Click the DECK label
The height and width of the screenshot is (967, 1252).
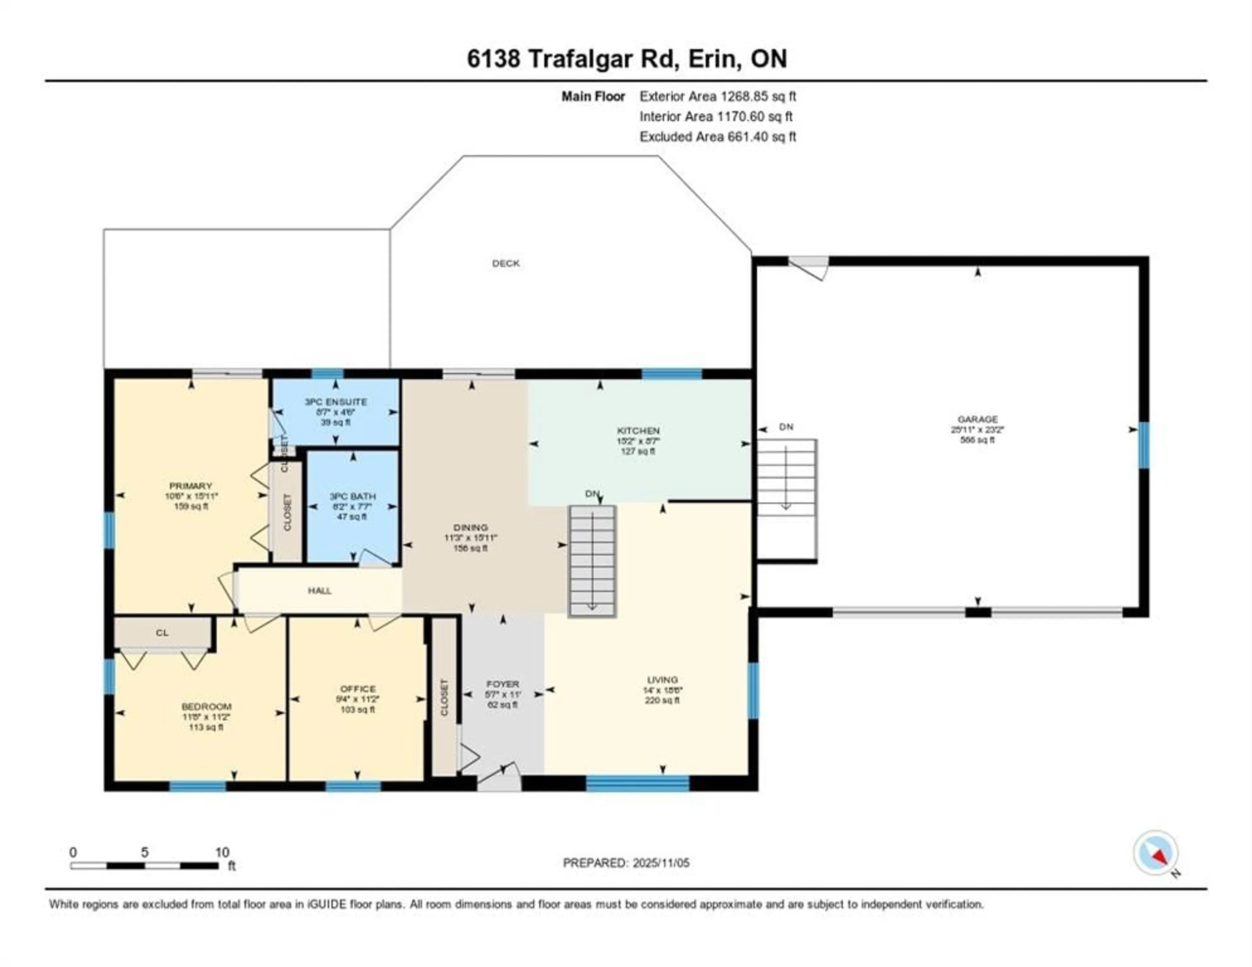[506, 263]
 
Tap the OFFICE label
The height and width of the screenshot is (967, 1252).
[358, 688]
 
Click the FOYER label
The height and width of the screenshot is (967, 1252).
[502, 684]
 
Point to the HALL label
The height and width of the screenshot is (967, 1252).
[319, 591]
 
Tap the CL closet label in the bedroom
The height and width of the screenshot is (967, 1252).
[162, 633]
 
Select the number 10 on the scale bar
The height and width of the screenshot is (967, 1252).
[222, 852]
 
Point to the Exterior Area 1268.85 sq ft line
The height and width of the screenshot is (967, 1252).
[717, 96]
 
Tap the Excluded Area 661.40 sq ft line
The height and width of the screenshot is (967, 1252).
[717, 137]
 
